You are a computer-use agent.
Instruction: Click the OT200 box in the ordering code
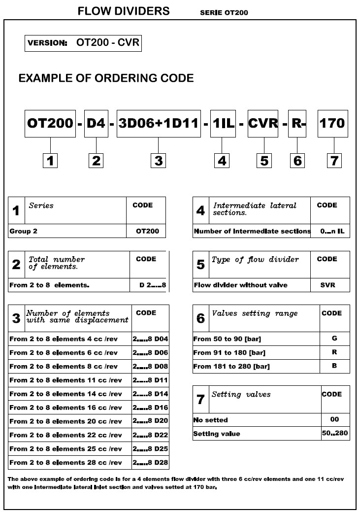point(51,123)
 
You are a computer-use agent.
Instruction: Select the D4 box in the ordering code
point(96,123)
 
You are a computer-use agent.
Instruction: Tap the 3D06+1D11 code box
point(159,123)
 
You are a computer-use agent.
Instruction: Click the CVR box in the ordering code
point(263,123)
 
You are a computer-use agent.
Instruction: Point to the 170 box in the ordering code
point(332,123)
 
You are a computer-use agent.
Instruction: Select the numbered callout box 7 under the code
point(334,160)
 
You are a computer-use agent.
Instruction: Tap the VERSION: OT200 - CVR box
point(83,43)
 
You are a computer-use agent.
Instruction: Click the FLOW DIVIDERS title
point(124,11)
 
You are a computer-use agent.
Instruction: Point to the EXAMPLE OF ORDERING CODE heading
point(106,78)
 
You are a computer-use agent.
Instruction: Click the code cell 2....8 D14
point(150,394)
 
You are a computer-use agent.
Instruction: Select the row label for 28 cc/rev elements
point(65,462)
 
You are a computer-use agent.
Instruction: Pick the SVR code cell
point(327,285)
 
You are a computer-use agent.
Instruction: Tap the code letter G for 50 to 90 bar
point(334,339)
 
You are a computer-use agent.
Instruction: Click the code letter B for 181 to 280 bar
point(334,366)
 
